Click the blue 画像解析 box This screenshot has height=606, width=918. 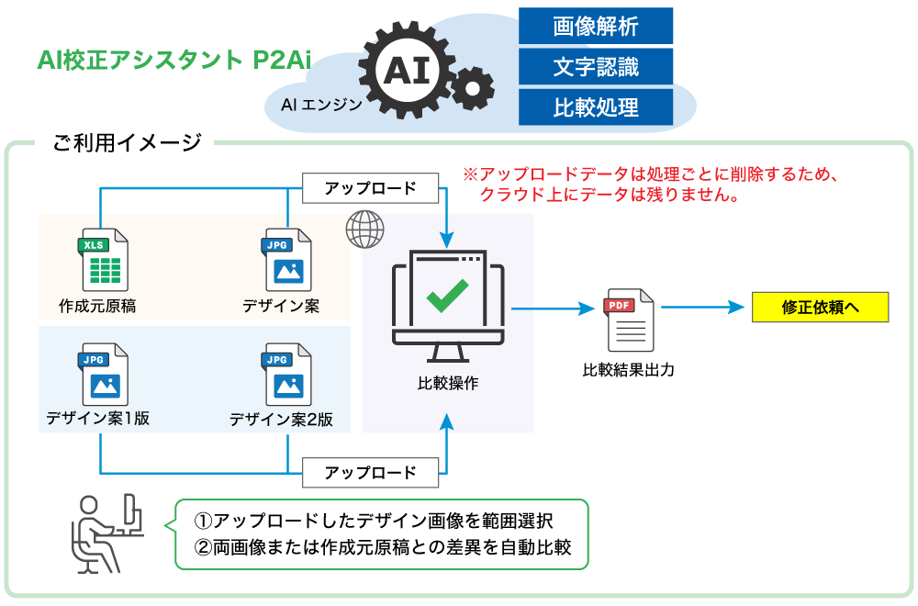[x=595, y=26]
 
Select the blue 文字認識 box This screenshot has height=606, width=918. [x=595, y=66]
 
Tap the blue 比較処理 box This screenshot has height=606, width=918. [x=595, y=107]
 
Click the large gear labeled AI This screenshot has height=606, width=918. [x=406, y=70]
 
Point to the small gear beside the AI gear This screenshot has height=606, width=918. [x=474, y=89]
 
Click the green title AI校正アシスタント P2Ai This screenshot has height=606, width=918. [x=174, y=61]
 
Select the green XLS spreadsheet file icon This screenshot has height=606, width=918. [x=103, y=260]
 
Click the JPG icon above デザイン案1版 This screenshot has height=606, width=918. [x=103, y=374]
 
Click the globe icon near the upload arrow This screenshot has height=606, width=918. [x=364, y=229]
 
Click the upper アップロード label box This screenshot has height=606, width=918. [x=370, y=189]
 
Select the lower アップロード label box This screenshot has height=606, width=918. [x=370, y=473]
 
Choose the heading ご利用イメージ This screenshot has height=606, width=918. [x=127, y=142]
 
